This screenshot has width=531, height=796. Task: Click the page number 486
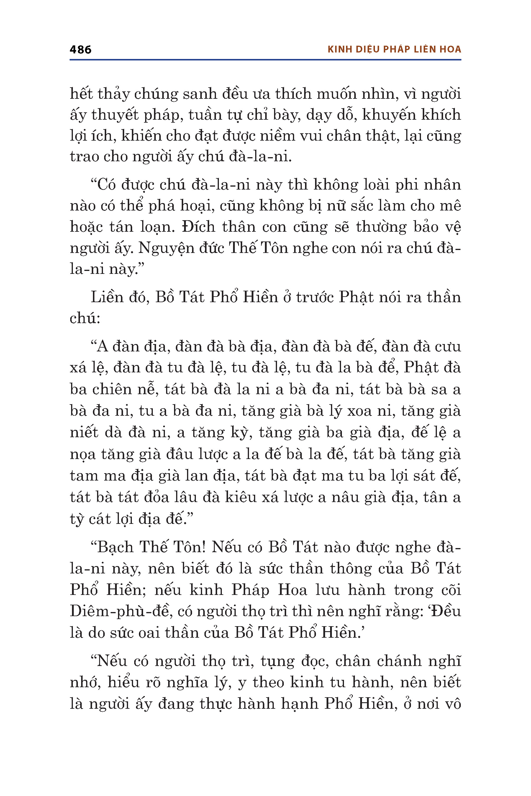80,50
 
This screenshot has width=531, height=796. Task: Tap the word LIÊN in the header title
424,50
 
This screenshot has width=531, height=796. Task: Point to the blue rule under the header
265,60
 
